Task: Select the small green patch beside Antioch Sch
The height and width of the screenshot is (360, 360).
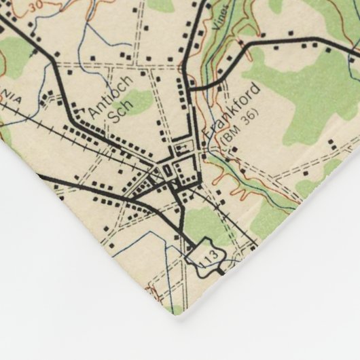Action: [x=139, y=102]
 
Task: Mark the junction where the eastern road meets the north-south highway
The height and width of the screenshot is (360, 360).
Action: [x=192, y=88]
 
